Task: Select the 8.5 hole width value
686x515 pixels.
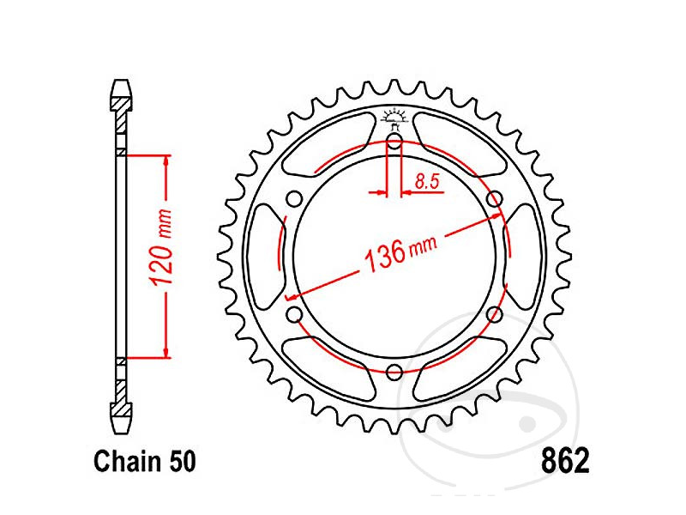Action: click(x=427, y=181)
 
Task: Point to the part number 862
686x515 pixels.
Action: click(x=565, y=462)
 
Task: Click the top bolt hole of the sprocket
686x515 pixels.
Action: click(x=394, y=142)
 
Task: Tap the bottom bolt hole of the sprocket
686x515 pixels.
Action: click(x=394, y=372)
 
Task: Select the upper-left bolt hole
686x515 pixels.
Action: click(x=295, y=200)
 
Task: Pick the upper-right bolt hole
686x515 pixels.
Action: click(x=494, y=200)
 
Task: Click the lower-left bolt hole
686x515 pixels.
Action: click(x=295, y=314)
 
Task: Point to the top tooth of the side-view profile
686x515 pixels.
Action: click(x=121, y=93)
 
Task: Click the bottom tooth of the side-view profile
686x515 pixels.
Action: click(x=121, y=421)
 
